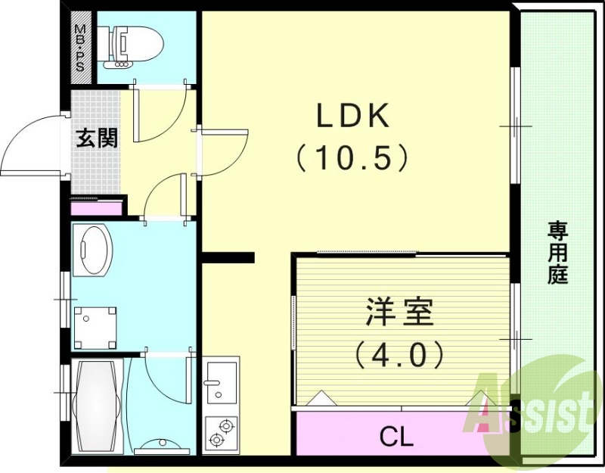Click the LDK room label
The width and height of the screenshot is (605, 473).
point(352,117)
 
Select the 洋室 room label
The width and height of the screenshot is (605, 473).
point(400,312)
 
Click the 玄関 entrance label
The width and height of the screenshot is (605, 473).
point(97,138)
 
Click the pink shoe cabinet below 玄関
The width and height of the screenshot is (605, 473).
point(96,207)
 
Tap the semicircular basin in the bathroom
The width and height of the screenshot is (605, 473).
point(159,443)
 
